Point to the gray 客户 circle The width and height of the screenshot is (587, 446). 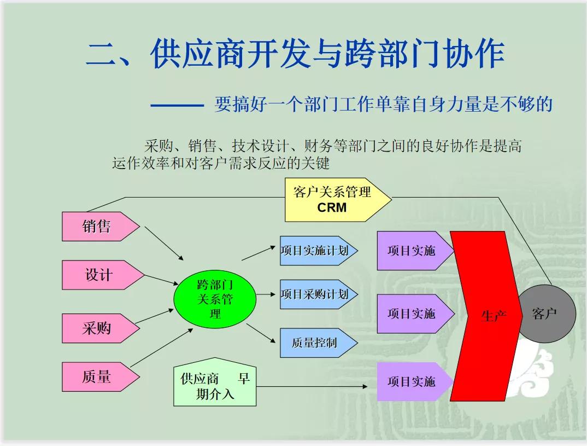(x=545, y=314)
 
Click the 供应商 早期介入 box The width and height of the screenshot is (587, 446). (x=215, y=386)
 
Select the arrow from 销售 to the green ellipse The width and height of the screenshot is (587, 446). (x=165, y=244)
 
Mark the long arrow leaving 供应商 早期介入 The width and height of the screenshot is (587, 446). (x=312, y=387)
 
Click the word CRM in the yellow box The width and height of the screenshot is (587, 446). (x=332, y=208)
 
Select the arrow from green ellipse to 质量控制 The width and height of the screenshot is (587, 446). (x=261, y=333)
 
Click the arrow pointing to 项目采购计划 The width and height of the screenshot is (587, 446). (x=266, y=294)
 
